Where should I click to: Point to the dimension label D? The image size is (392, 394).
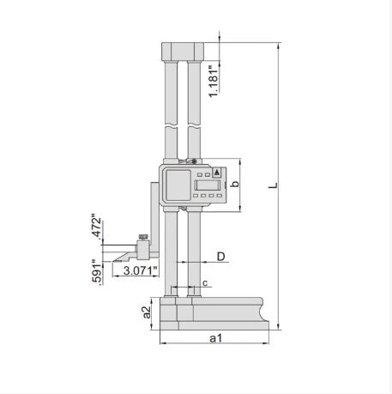point(220,256)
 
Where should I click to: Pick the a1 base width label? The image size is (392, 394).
point(217,339)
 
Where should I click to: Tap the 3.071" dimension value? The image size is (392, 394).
point(139,270)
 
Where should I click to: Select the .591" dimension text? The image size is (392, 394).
point(97,270)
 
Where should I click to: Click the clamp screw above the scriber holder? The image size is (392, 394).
point(144,238)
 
